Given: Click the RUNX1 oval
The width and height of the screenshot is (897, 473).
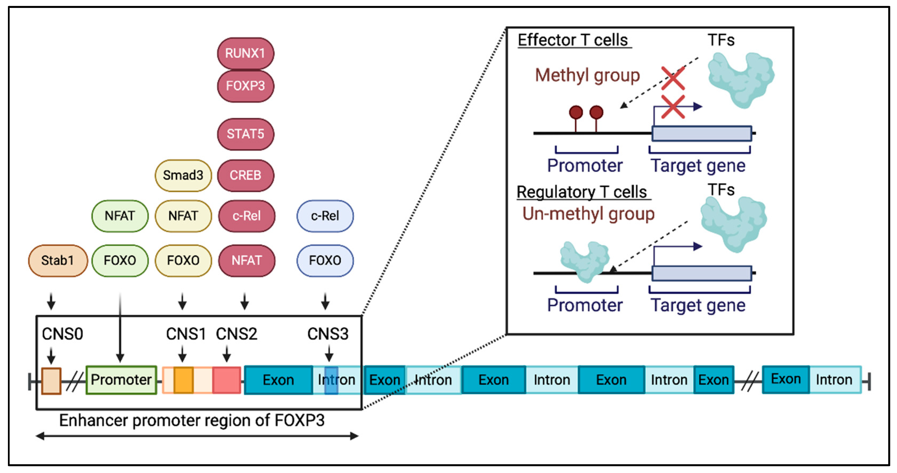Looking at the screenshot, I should [245, 53].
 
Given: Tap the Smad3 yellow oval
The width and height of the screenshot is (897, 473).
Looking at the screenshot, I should [183, 175].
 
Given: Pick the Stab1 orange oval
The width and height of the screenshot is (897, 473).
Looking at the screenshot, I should [58, 260].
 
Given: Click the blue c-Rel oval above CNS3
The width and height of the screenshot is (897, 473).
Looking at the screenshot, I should [325, 216].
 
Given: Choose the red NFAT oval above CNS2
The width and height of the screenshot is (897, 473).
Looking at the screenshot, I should [247, 260].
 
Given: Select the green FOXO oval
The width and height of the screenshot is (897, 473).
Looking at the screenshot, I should [120, 260].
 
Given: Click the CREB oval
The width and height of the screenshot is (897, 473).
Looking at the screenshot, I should [245, 175].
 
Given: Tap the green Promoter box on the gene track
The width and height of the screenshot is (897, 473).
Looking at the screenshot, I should [121, 379].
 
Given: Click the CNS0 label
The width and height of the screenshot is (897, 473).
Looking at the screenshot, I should [63, 334].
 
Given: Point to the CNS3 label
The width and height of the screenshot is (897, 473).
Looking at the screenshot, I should [328, 334].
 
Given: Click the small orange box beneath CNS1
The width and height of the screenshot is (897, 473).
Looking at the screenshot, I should [183, 380].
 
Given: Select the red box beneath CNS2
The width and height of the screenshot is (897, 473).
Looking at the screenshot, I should [227, 380].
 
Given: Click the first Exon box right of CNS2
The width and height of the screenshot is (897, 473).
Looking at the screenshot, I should [278, 380].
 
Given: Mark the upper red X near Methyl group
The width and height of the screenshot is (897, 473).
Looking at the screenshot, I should [673, 78].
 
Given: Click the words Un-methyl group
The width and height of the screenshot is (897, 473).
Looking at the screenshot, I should [588, 214].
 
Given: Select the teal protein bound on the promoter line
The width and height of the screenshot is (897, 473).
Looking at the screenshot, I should [585, 261].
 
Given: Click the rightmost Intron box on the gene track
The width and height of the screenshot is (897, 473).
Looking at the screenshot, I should [834, 380].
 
